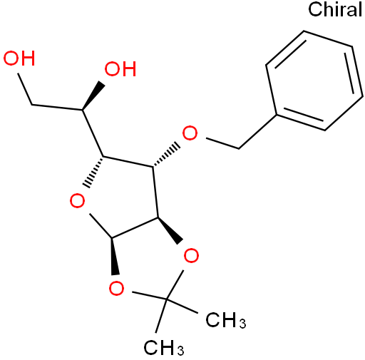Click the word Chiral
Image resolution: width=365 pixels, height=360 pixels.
(335, 9)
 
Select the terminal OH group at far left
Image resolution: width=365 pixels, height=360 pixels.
(19, 58)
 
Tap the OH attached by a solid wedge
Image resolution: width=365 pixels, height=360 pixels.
(120, 69)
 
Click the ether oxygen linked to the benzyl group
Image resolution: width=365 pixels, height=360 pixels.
(190, 133)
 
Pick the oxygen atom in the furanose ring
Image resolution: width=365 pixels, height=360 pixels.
(77, 201)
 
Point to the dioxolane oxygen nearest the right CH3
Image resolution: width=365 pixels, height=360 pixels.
(191, 255)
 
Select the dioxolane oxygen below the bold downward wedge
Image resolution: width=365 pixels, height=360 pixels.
(116, 288)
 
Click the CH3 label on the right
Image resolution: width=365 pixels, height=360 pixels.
(226, 320)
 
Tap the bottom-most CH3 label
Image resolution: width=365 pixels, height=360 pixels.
(164, 347)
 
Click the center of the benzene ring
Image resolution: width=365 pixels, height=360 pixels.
(314, 81)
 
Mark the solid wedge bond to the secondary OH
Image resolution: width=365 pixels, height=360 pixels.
(93, 96)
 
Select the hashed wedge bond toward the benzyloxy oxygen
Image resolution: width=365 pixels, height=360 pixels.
(166, 155)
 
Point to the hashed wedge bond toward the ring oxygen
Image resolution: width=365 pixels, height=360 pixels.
(94, 172)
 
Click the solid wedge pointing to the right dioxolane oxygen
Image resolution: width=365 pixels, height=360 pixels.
(169, 230)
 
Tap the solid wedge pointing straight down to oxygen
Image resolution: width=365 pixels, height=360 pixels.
(114, 256)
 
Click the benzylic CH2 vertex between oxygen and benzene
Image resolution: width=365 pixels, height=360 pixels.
(239, 148)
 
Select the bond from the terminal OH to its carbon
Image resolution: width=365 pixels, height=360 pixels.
(25, 89)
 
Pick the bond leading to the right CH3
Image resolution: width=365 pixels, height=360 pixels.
(182, 306)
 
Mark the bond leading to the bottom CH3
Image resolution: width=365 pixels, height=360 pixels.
(161, 316)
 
